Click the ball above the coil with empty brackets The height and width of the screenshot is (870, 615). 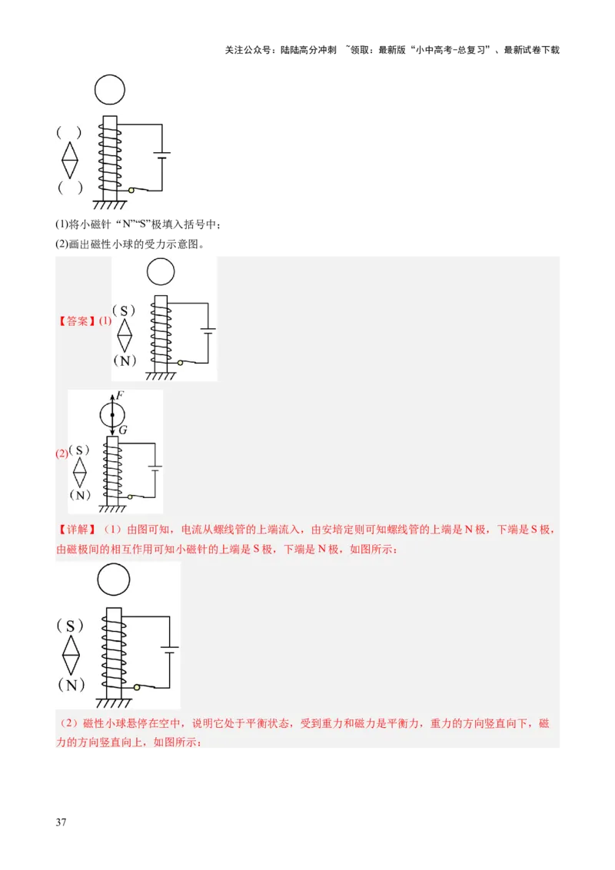pyautogui.click(x=109, y=89)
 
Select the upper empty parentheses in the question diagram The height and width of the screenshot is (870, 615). pyautogui.click(x=69, y=132)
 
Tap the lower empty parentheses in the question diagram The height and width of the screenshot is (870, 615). pyautogui.click(x=69, y=188)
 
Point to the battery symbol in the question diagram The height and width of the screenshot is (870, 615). pyautogui.click(x=161, y=156)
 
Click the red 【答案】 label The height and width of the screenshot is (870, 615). pyautogui.click(x=77, y=321)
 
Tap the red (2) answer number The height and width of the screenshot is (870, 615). pyautogui.click(x=61, y=453)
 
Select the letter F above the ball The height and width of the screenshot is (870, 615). pyautogui.click(x=121, y=395)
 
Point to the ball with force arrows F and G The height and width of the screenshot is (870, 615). pyautogui.click(x=112, y=415)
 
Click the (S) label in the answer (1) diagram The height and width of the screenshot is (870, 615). pyautogui.click(x=124, y=310)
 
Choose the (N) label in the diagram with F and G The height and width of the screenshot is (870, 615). pyautogui.click(x=79, y=494)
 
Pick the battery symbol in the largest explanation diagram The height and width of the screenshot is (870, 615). pyautogui.click(x=170, y=650)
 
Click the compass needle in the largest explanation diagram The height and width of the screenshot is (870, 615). pyautogui.click(x=71, y=655)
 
